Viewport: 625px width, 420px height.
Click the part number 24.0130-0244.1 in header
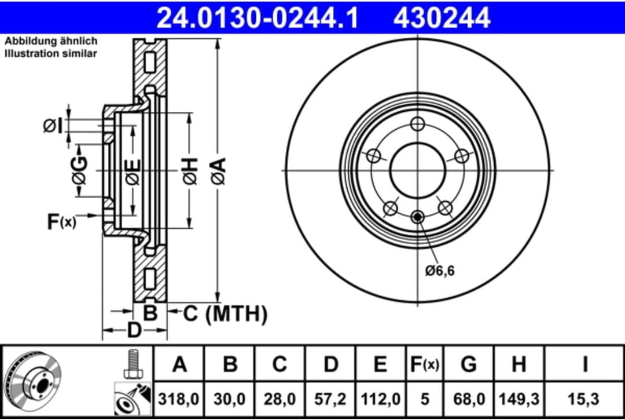pyautogui.click(x=258, y=17)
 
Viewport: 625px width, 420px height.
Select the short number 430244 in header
pyautogui.click(x=442, y=17)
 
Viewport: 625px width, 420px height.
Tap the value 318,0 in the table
pyautogui.click(x=180, y=399)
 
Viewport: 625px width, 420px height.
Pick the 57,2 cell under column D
pyautogui.click(x=330, y=399)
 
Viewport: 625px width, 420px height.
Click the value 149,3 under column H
pyautogui.click(x=519, y=399)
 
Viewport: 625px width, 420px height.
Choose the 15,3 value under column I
pyautogui.click(x=585, y=399)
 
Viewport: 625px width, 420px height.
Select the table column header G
pyautogui.click(x=469, y=365)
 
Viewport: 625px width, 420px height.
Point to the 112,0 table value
pyautogui.click(x=380, y=399)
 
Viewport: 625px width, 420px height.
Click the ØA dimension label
pyautogui.click(x=219, y=171)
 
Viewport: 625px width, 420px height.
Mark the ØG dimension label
pyautogui.click(x=80, y=171)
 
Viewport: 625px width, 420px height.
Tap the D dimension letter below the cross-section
pyautogui.click(x=134, y=331)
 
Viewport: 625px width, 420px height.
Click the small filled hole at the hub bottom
pyautogui.click(x=417, y=217)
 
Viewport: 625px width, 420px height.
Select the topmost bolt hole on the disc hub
pyautogui.click(x=417, y=123)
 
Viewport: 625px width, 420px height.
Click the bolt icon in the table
pyautogui.click(x=133, y=364)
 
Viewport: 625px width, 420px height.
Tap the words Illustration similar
pyautogui.click(x=51, y=53)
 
